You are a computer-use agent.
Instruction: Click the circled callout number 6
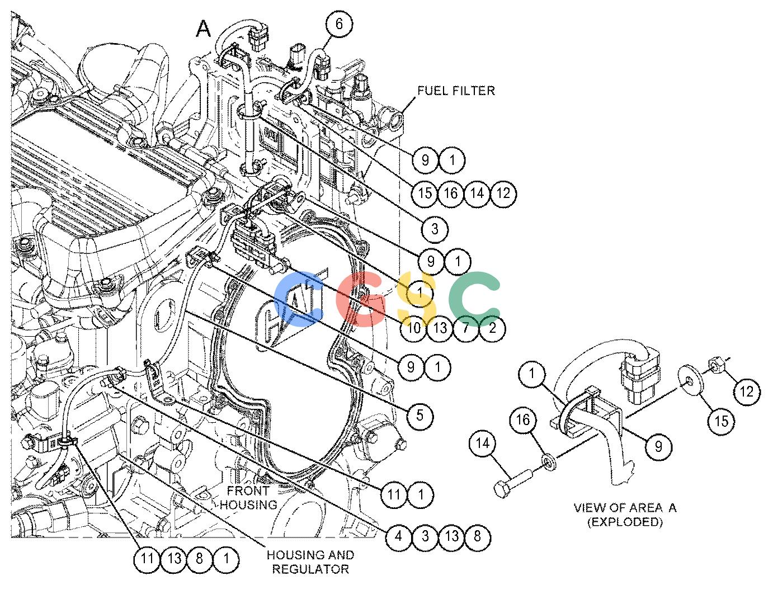[338, 24]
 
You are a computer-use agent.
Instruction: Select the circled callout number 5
[420, 416]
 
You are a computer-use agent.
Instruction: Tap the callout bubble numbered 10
[413, 328]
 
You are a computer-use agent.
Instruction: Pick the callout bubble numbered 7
[466, 328]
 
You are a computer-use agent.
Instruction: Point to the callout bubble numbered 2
[492, 328]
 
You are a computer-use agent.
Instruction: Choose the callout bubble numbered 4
[398, 536]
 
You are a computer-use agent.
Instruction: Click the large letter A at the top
[204, 29]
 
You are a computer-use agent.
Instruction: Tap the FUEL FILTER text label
[456, 91]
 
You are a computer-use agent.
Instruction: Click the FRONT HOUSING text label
[248, 498]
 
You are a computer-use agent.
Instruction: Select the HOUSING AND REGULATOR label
[310, 562]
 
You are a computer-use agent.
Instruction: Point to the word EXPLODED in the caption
[625, 522]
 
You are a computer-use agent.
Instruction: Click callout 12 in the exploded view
[747, 392]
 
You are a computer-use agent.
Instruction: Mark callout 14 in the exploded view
[482, 444]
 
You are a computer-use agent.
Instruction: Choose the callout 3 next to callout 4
[425, 536]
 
